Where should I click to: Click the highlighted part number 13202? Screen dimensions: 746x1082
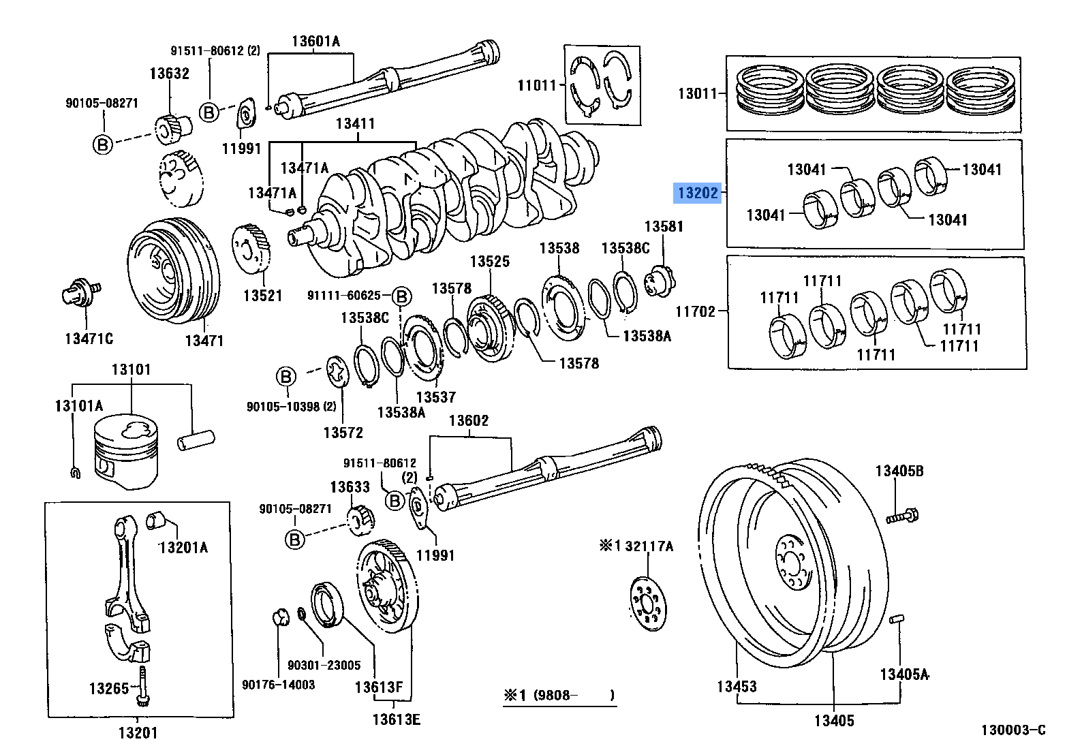pyautogui.click(x=698, y=193)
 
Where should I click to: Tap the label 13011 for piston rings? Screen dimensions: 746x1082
pyautogui.click(x=697, y=93)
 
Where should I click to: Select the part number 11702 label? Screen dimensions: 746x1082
pyautogui.click(x=695, y=311)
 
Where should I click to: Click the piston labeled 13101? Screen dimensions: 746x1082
pyautogui.click(x=127, y=453)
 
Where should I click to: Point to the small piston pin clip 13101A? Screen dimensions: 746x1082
pyautogui.click(x=76, y=471)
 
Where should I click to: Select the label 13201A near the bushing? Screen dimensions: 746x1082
pyautogui.click(x=183, y=547)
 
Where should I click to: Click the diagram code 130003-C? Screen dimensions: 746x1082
pyautogui.click(x=1013, y=730)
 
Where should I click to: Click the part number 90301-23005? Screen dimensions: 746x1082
pyautogui.click(x=324, y=665)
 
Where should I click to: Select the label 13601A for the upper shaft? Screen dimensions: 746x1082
pyautogui.click(x=315, y=41)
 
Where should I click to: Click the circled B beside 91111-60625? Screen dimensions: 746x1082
pyautogui.click(x=402, y=296)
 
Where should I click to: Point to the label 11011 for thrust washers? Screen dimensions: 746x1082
pyautogui.click(x=537, y=85)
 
